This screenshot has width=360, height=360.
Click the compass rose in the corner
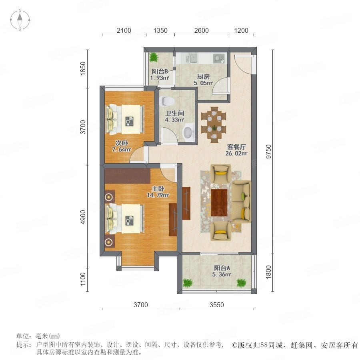click(20, 20)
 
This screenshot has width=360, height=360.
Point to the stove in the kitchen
click(218, 58)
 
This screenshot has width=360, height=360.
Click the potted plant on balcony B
click(153, 57)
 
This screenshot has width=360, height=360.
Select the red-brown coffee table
click(219, 202)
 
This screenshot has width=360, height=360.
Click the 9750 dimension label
click(268, 152)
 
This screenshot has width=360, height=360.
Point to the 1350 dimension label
click(160, 30)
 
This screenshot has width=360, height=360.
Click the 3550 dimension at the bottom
click(217, 305)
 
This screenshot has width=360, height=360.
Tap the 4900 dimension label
click(83, 217)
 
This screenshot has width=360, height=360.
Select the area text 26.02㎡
click(236, 153)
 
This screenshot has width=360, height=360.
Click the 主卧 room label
click(158, 189)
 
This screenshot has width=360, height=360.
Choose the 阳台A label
click(222, 268)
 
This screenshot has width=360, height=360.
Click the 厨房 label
click(203, 77)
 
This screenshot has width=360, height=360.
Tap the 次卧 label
click(122, 143)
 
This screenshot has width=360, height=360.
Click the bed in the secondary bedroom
click(125, 119)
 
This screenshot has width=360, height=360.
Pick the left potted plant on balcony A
click(188, 283)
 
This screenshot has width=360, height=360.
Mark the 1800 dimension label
click(268, 272)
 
